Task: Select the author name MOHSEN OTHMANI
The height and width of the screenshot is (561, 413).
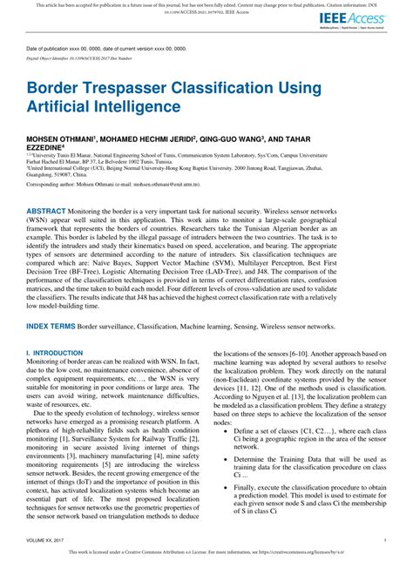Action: click(62, 139)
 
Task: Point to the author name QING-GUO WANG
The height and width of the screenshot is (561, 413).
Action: click(240, 139)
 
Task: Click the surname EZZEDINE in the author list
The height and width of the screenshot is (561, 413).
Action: click(51, 148)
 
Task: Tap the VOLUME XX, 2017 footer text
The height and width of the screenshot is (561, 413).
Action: click(49, 542)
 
